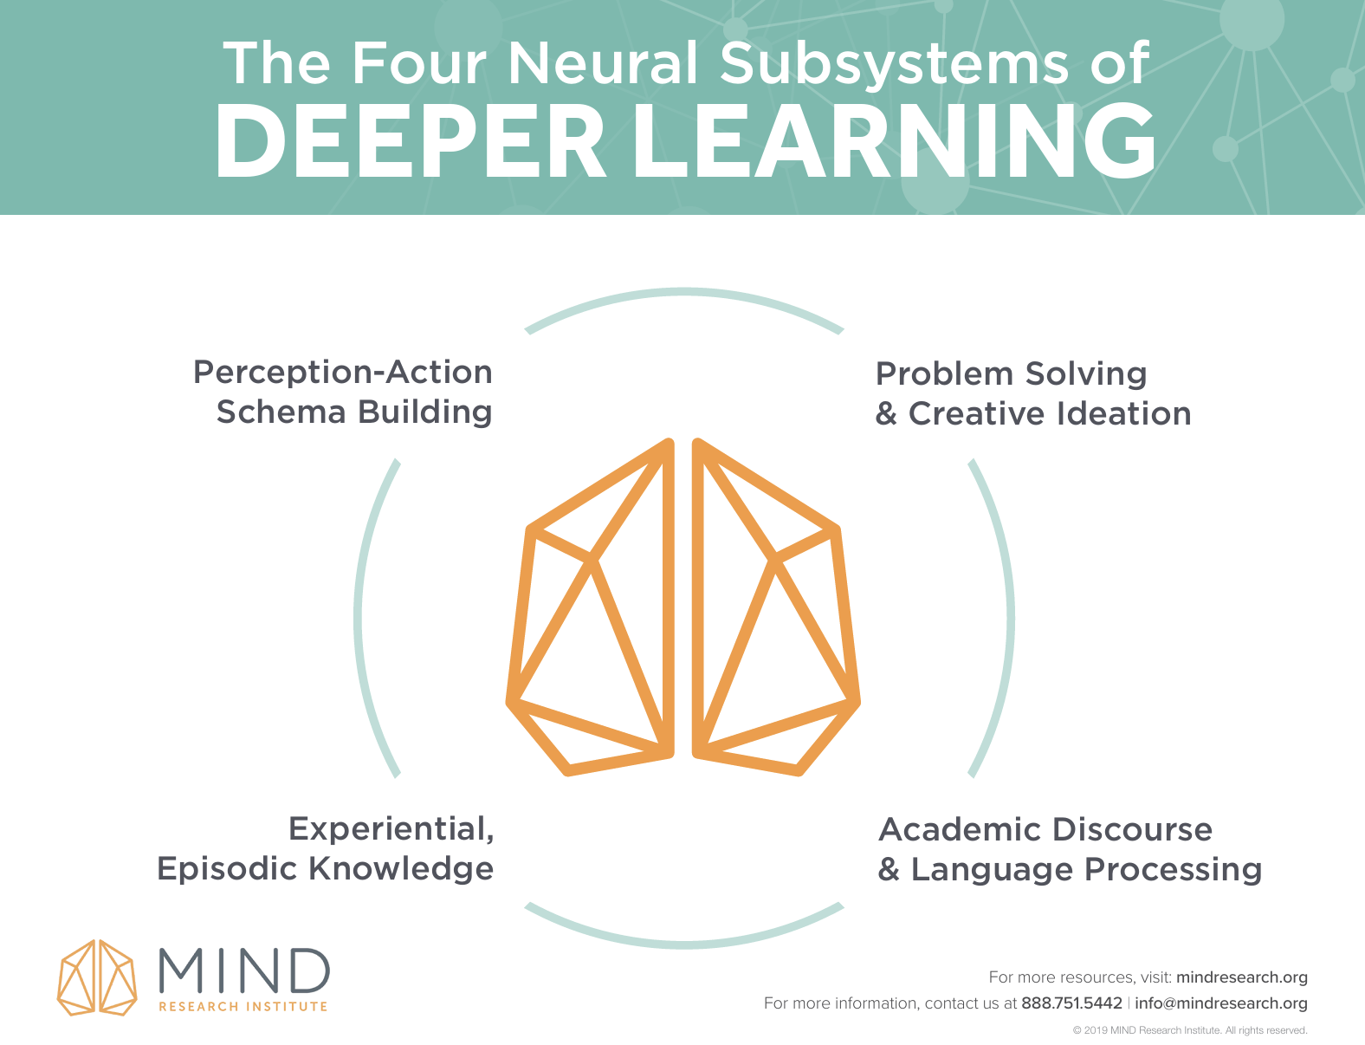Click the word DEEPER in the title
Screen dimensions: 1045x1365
pos(409,141)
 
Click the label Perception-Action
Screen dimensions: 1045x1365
pos(343,372)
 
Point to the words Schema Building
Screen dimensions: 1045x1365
pos(354,412)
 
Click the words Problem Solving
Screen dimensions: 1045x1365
pos(1011,373)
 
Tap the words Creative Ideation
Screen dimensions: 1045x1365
pos(1050,413)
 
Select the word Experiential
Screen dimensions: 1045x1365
pos(391,828)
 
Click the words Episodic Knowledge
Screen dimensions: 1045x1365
pos(325,868)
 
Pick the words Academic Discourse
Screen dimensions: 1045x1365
pos(1045,829)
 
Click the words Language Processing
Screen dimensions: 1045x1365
pos(1086,869)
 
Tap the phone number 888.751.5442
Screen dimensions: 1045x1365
pos(1071,1003)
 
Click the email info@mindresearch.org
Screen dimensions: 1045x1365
pos(1220,1003)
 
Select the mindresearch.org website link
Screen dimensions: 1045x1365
pos(1241,977)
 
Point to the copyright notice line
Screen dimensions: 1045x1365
pos(1189,1030)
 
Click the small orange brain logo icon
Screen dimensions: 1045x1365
pos(97,977)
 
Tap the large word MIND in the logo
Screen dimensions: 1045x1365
pos(244,970)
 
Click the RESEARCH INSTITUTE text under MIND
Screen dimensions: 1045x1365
pos(243,1007)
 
